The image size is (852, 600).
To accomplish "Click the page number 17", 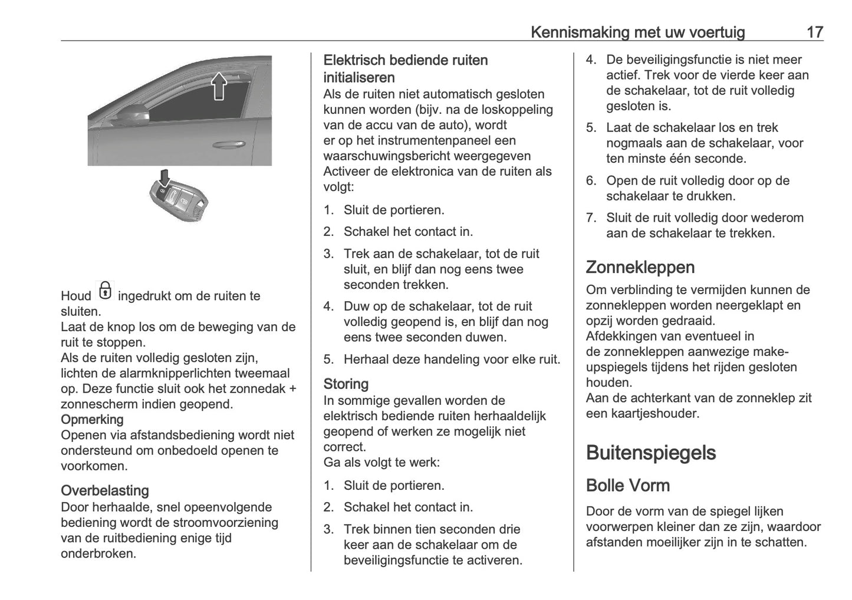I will (815, 32).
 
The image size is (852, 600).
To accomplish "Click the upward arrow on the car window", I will (219, 85).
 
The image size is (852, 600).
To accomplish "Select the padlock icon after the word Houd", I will (105, 291).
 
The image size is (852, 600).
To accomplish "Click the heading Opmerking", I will (92, 420).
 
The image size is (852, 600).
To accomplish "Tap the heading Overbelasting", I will (105, 490).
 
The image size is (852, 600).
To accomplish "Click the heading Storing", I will (346, 384).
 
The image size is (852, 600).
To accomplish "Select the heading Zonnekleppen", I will (640, 267).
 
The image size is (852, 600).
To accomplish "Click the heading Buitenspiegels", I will (651, 453).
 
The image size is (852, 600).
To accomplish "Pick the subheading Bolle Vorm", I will (628, 486).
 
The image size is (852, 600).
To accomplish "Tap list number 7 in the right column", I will (591, 217).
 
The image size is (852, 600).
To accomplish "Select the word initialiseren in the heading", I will (359, 77).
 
